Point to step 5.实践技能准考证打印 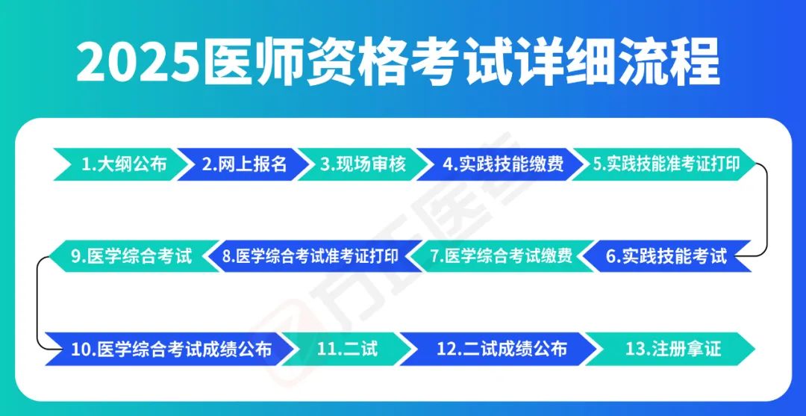click(x=666, y=164)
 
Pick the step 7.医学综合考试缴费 click(x=502, y=256)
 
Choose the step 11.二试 click(x=348, y=349)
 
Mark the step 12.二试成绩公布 click(x=502, y=349)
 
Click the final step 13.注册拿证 click(x=672, y=349)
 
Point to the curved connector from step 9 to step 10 click(x=38, y=303)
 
